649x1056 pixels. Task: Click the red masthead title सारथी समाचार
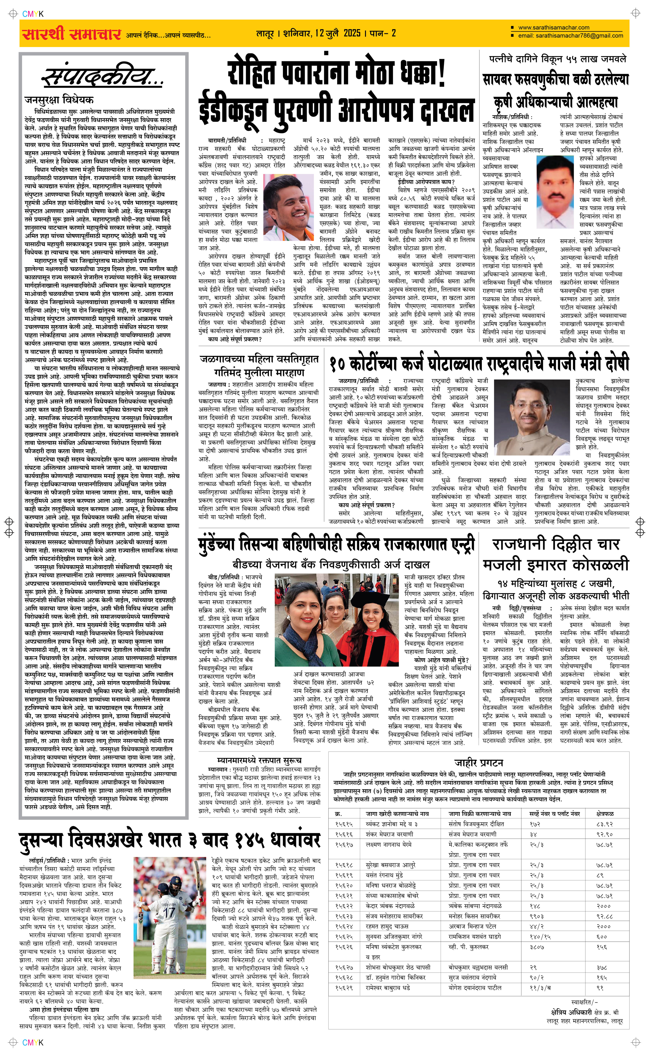(x=71, y=34)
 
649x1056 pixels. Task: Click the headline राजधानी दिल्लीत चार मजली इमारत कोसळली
(x=556, y=554)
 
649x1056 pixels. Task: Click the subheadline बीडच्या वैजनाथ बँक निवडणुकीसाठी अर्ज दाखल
(x=331, y=565)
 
